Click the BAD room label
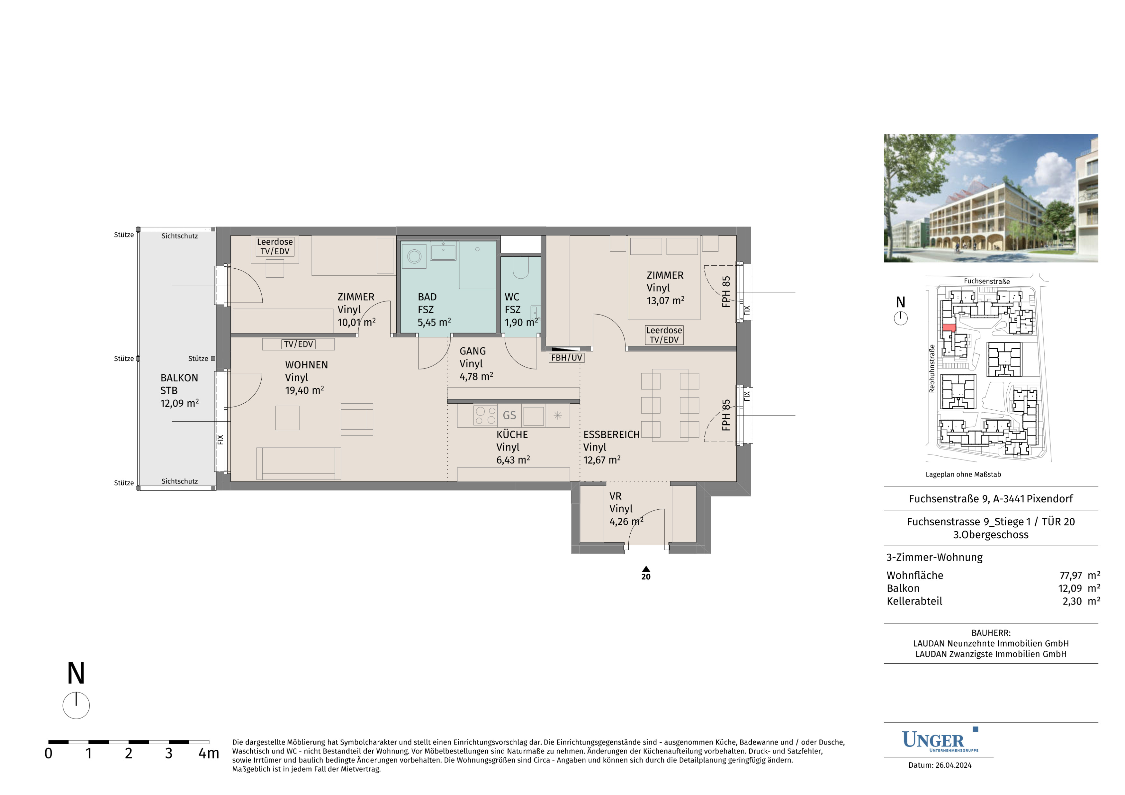(x=427, y=297)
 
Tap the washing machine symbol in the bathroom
(x=414, y=256)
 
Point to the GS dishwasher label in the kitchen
(x=509, y=415)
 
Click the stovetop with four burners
(x=485, y=415)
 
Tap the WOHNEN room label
(x=306, y=365)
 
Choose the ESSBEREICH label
(x=611, y=434)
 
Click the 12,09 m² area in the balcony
(x=179, y=403)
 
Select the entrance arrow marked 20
(x=646, y=573)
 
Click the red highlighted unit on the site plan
(x=949, y=328)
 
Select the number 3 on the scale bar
(x=168, y=753)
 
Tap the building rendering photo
(x=991, y=198)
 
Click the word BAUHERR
(x=991, y=633)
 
